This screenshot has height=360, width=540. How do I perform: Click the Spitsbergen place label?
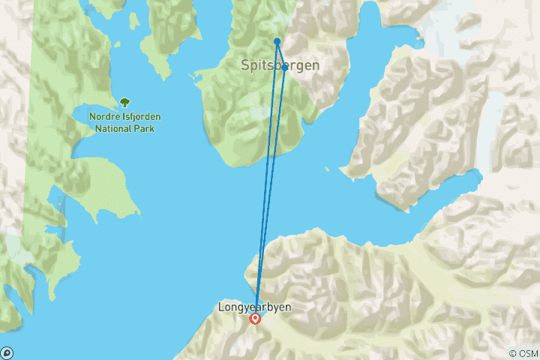point(280,65)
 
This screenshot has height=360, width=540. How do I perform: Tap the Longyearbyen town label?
point(254,307)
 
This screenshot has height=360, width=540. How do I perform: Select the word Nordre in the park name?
point(104,117)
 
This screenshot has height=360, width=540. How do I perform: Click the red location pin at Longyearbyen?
point(256,319)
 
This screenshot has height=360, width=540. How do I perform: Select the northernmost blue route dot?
point(277,41)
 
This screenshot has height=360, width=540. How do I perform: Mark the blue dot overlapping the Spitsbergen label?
point(285,67)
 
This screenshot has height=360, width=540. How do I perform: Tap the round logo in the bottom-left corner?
point(6,352)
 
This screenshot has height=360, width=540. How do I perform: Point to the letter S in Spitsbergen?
point(245,65)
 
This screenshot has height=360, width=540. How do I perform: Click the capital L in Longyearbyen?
point(220,307)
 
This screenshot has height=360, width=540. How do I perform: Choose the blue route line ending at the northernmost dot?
point(266,180)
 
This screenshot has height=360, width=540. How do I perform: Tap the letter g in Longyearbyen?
point(241,307)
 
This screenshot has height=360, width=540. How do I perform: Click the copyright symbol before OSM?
point(513,353)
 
